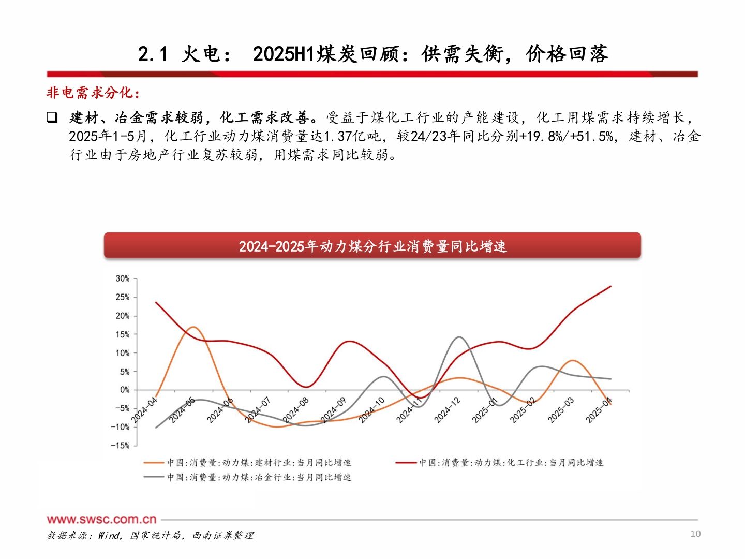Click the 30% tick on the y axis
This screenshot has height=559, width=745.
coord(123,278)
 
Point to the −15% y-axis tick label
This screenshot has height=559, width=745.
coord(121,445)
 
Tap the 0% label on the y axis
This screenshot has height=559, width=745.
coord(125,390)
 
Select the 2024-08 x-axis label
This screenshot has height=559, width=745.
coord(296,410)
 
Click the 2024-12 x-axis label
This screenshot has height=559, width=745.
coord(447,410)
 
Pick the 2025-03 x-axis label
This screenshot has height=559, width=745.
coord(561,410)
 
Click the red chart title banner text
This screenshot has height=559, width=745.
coord(373,246)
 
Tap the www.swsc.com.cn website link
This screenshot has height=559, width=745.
coord(101,519)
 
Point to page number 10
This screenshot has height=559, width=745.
coord(695,534)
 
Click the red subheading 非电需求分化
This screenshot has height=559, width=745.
coord(93,93)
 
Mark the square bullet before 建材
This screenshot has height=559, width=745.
coord(52,117)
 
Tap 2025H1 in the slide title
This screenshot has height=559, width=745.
coord(284,54)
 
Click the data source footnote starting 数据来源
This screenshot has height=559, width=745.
coord(150,535)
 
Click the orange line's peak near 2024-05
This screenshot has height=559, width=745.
coord(192,327)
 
